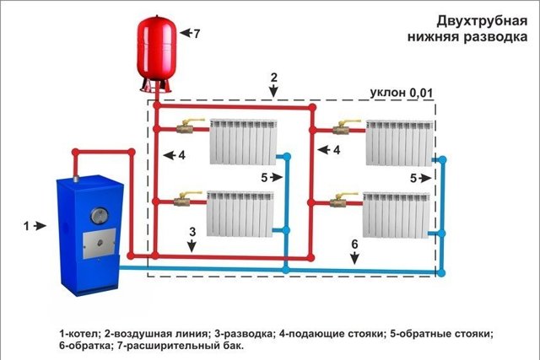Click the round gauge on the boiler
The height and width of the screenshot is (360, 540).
[x=100, y=216]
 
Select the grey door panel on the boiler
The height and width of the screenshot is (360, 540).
[x=99, y=243]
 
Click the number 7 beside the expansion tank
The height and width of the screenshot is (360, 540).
[x=197, y=34]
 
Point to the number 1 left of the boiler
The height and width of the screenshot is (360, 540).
[x=26, y=226]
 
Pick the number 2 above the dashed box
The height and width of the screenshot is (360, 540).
[x=273, y=78]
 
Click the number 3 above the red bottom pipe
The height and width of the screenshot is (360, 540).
[x=192, y=232]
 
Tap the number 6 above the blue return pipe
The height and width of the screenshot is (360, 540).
[x=354, y=244]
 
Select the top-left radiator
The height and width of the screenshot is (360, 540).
[x=244, y=142]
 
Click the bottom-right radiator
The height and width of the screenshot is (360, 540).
[x=396, y=215]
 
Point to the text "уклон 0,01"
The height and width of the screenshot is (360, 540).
[x=402, y=93]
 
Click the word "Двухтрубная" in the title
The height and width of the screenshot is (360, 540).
[x=482, y=21]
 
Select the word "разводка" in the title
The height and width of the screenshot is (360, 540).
[x=495, y=36]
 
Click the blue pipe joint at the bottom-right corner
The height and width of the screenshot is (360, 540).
[x=441, y=273]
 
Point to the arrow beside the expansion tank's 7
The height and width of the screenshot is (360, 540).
[x=186, y=33]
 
